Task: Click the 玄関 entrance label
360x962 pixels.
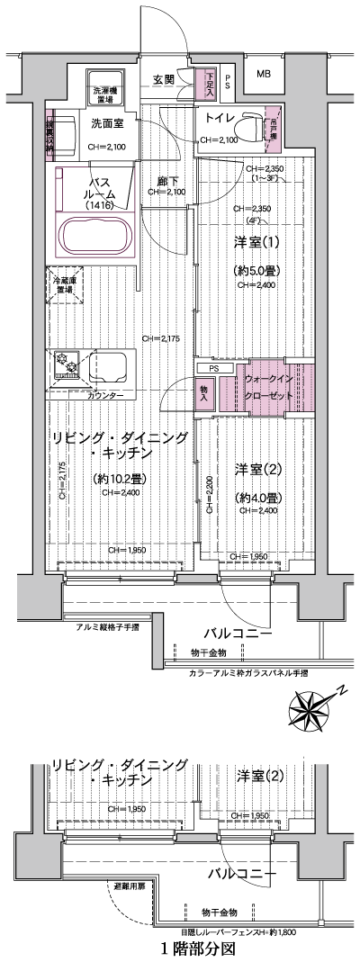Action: pos(163,79)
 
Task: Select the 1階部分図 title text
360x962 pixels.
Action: pos(197,948)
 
